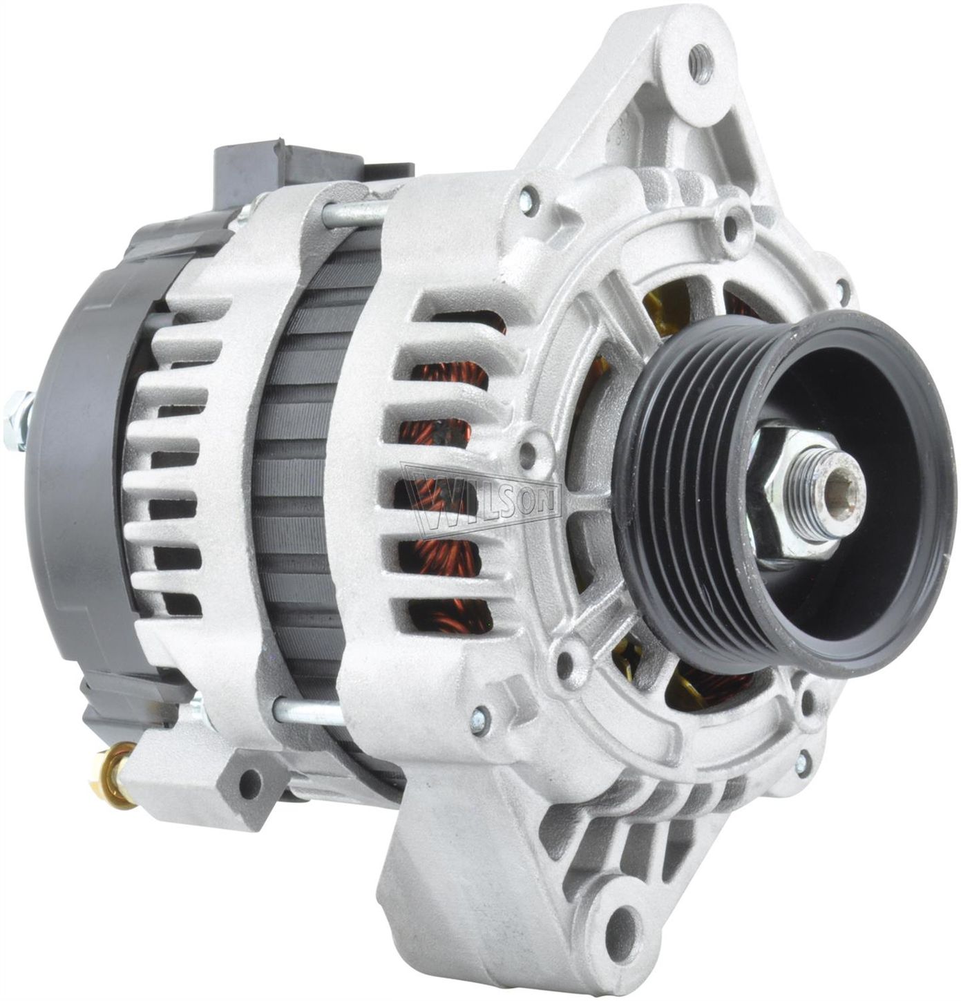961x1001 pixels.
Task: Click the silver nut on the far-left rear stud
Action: [x=17, y=421]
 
